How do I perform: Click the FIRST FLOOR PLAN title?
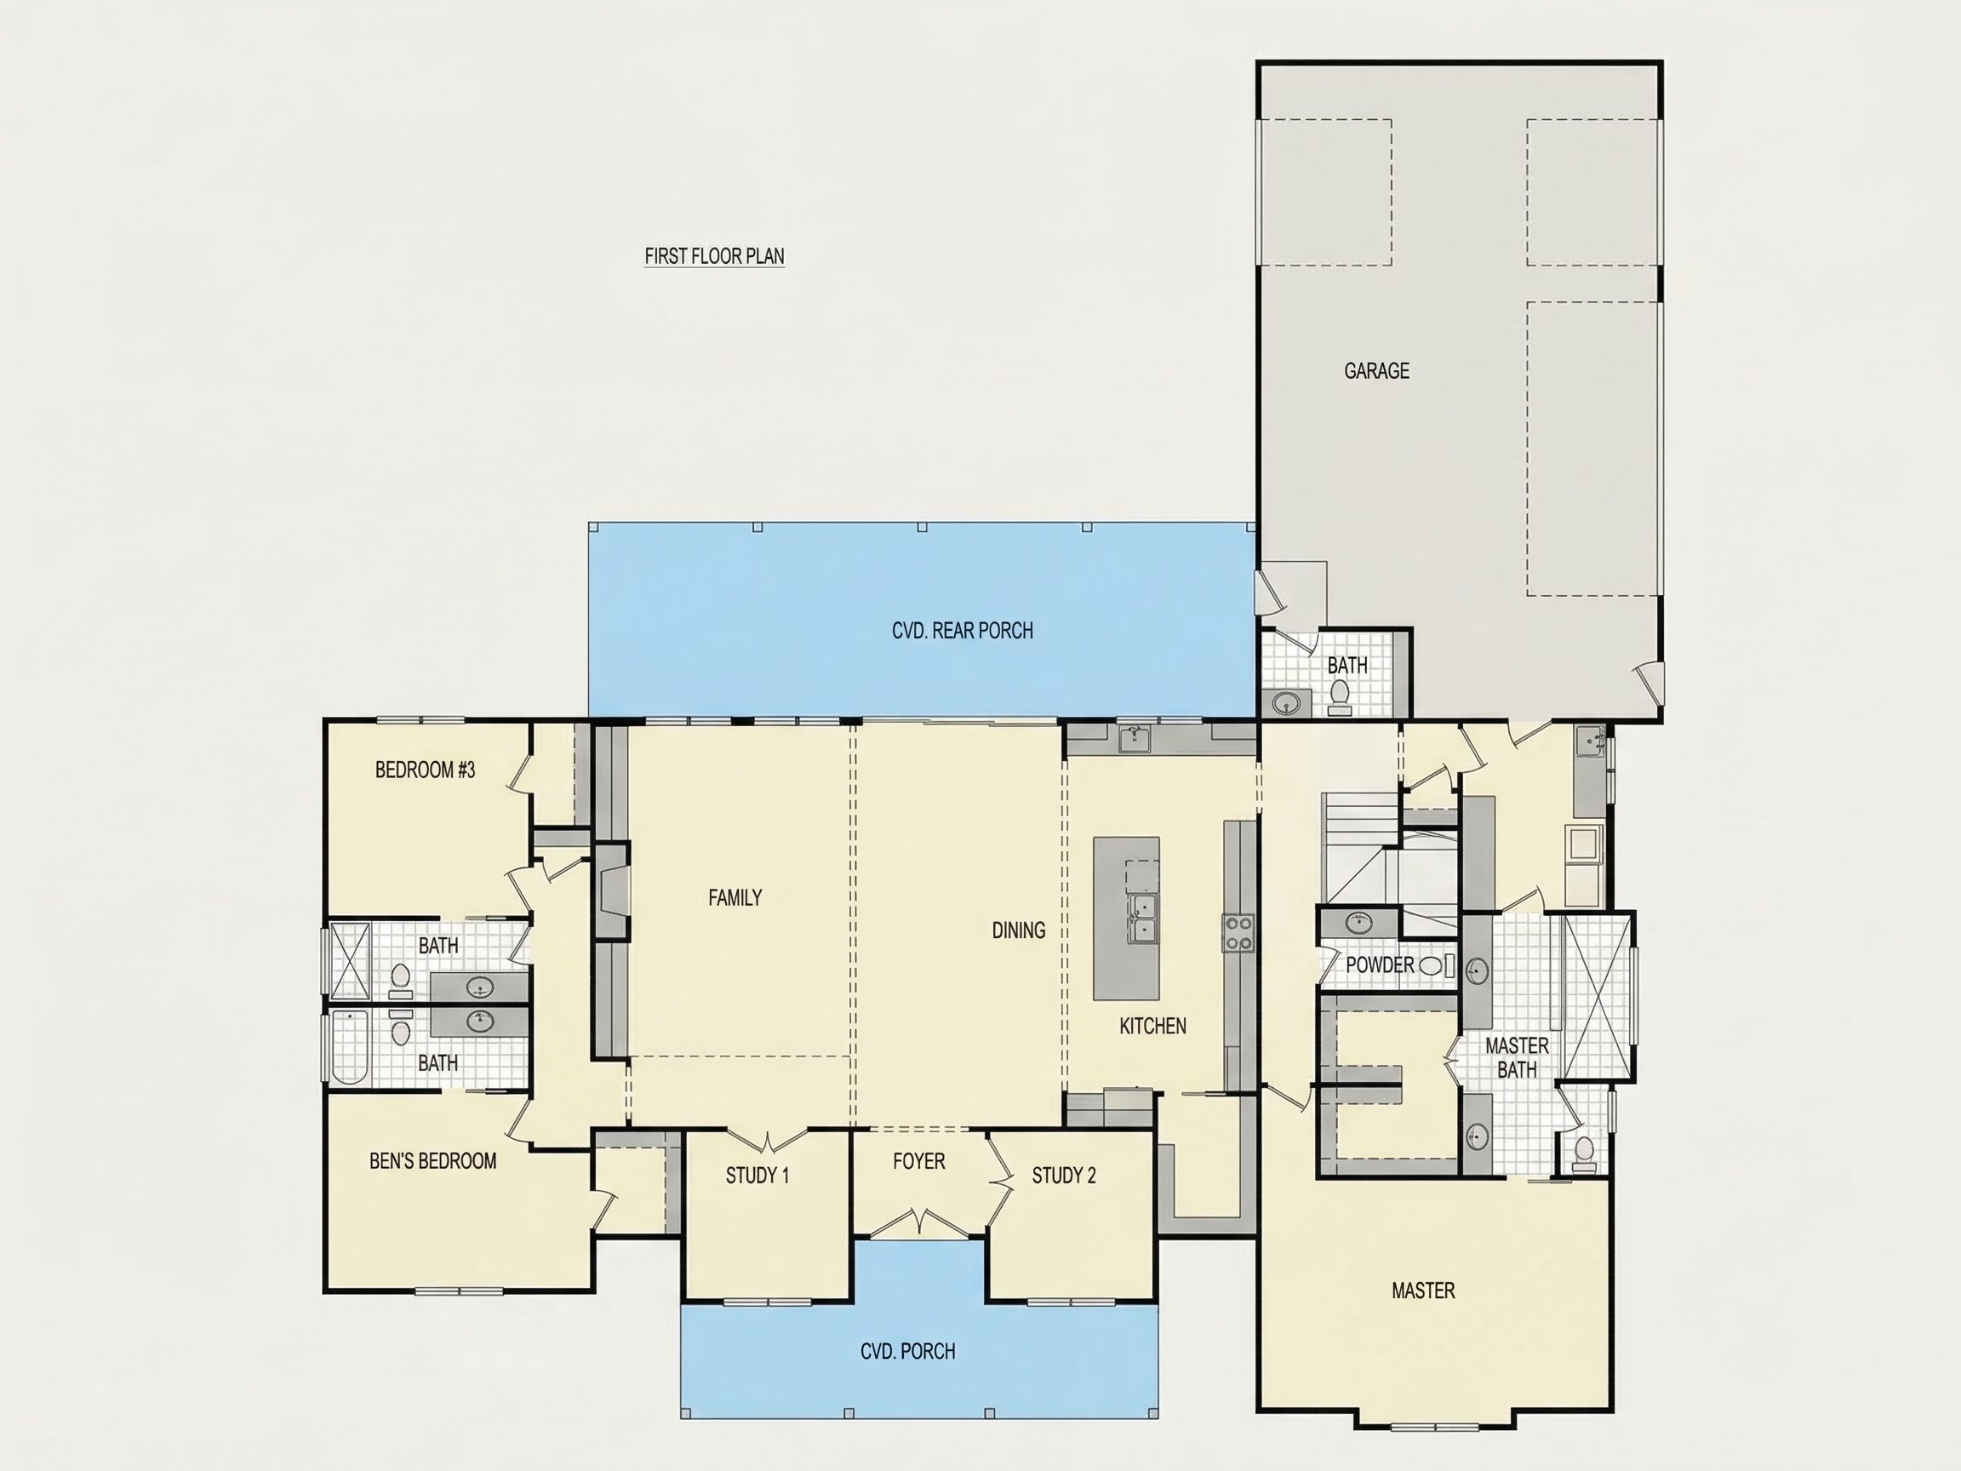[x=715, y=256]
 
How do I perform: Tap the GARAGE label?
[x=1377, y=370]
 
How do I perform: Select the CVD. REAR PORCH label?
[x=963, y=631]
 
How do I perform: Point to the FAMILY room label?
[x=735, y=898]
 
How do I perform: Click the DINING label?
[x=1019, y=930]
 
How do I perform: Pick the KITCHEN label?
[x=1152, y=1026]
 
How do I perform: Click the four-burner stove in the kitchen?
[x=1238, y=933]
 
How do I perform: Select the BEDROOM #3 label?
[x=425, y=770]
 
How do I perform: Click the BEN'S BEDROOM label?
[x=432, y=1160]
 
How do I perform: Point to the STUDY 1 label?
[x=758, y=1176]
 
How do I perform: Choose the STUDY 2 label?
[x=1064, y=1176]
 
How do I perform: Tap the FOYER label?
[x=919, y=1161]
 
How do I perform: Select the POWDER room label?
[x=1381, y=964]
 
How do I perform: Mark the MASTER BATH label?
[x=1517, y=1058]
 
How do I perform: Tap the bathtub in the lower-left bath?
[x=349, y=1049]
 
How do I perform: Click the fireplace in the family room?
[x=612, y=890]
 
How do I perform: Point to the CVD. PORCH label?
[x=908, y=1351]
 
